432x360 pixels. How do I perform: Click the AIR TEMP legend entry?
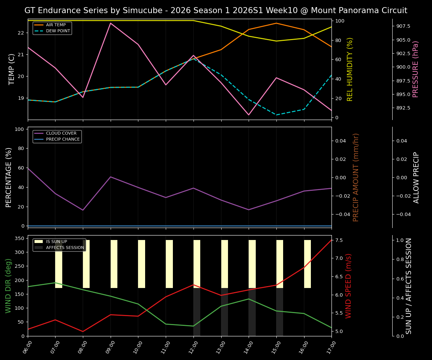tap(55, 25)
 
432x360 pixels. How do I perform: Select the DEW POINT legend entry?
tap(58, 31)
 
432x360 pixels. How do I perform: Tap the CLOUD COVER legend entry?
tap(61, 133)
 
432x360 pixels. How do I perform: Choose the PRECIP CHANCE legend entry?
tap(63, 139)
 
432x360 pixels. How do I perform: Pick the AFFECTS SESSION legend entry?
tap(64, 247)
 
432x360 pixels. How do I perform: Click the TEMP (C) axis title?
tap(12, 69)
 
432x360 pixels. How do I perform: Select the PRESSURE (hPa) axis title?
tap(415, 69)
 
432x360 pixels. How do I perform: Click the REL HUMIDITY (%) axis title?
tap(350, 69)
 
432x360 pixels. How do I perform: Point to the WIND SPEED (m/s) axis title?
tap(348, 286)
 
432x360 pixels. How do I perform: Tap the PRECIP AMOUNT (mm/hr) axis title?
tap(356, 177)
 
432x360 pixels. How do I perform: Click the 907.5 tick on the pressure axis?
tap(403, 26)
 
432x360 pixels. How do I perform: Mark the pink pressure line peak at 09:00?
tap(110, 23)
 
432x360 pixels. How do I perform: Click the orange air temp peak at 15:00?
tap(276, 23)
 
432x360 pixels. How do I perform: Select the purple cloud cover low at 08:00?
tap(83, 210)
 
